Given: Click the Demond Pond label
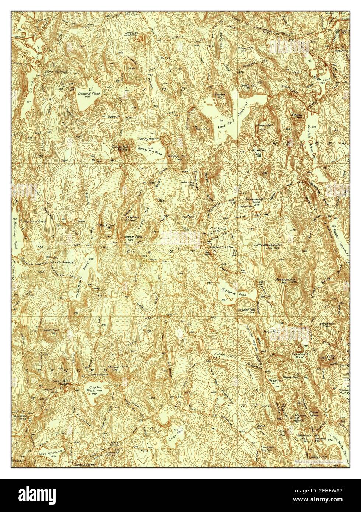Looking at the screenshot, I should pos(87,94).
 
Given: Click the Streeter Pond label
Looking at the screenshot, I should pos(258,152).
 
